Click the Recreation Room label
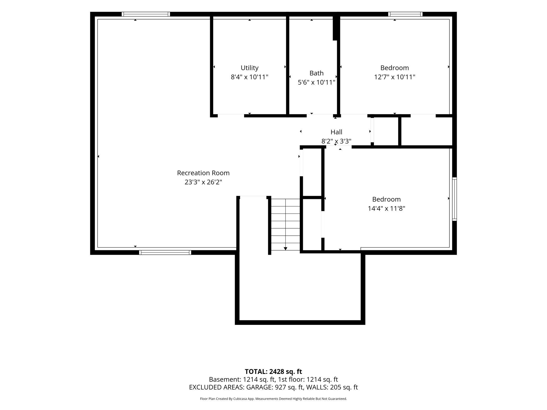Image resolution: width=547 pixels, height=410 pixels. click(203, 173)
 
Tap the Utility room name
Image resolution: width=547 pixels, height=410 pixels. click(250, 68)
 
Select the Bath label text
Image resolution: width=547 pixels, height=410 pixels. click(316, 73)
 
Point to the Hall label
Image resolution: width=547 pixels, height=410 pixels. click(336, 132)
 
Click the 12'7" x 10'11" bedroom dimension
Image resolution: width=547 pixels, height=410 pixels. click(394, 77)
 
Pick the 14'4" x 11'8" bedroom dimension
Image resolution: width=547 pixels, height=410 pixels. click(386, 208)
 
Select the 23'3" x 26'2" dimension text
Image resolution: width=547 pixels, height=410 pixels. click(203, 182)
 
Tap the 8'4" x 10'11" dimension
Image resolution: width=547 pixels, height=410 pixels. click(250, 77)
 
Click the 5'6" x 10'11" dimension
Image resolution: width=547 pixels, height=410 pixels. click(316, 82)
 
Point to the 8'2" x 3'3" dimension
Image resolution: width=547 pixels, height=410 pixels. click(336, 141)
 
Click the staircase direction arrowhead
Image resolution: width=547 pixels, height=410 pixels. click(286, 249)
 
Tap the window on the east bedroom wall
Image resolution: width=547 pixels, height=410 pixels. click(454, 199)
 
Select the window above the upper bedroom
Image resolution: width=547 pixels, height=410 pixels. click(405, 14)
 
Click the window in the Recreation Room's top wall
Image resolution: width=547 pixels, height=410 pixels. click(146, 14)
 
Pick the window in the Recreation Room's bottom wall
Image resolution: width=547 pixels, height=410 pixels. click(165, 253)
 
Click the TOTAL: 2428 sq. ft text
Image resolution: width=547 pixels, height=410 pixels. click(273, 372)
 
